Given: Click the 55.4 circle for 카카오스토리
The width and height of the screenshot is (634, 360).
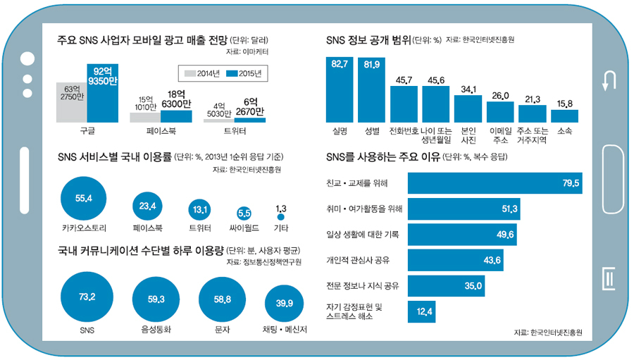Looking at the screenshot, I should (x=84, y=198).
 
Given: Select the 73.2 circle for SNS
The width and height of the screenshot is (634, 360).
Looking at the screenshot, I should (x=87, y=296).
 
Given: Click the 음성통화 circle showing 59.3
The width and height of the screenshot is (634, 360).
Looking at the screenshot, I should (x=156, y=299).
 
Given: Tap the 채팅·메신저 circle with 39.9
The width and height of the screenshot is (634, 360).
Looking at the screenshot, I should (x=285, y=304).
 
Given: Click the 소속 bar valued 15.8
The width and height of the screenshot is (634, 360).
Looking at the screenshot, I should (x=565, y=116).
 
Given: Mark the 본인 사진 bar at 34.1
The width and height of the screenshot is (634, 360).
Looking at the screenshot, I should (x=468, y=109).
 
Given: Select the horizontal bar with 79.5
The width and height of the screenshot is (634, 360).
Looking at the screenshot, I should (x=495, y=183).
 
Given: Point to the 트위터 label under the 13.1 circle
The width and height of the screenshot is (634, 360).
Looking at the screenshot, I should (x=199, y=228).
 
